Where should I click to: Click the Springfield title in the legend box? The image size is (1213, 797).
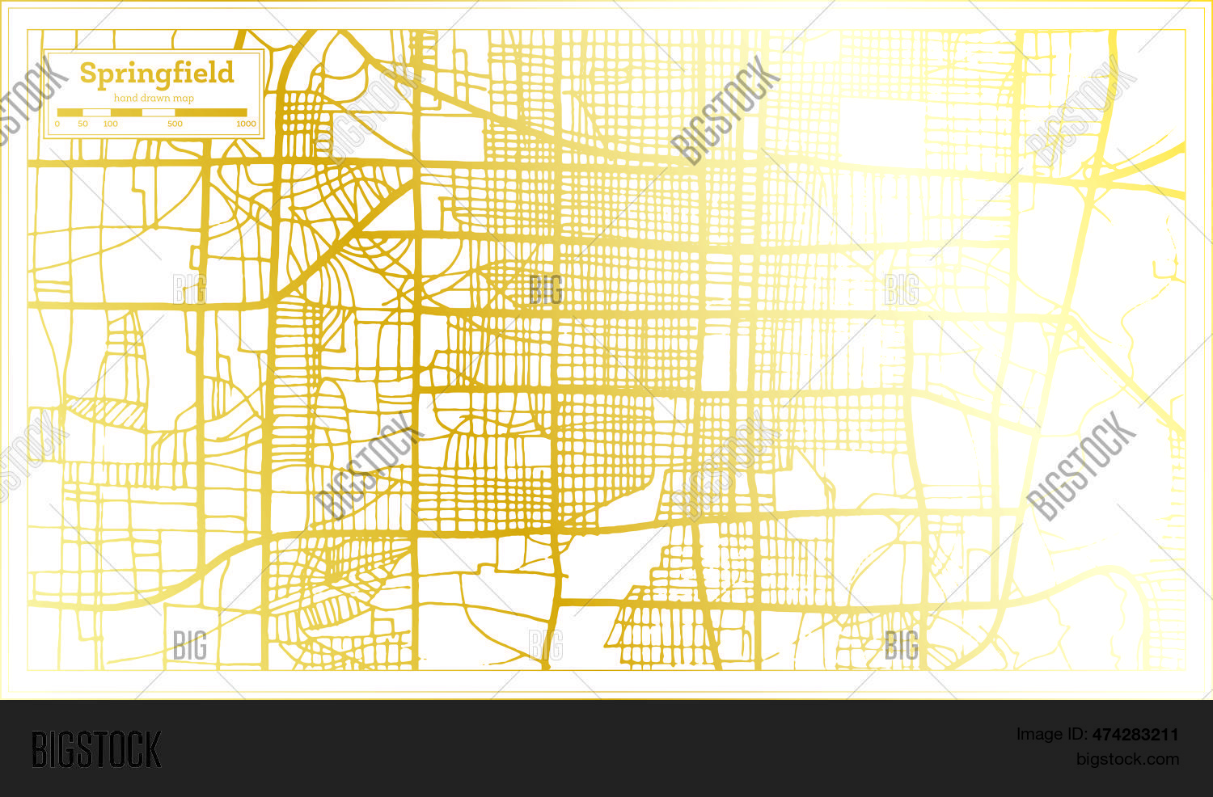(x=156, y=74)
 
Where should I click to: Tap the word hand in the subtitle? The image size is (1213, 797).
(x=125, y=99)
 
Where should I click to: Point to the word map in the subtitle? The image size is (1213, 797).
(x=185, y=99)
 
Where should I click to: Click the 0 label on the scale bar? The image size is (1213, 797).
(x=57, y=124)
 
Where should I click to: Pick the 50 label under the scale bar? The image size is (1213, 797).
(x=82, y=124)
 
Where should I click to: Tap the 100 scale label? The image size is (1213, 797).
(x=111, y=124)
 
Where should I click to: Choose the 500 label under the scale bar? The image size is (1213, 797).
(x=175, y=124)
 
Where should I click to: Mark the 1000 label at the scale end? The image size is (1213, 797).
(x=246, y=124)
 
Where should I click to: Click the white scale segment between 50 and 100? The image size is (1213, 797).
(x=97, y=112)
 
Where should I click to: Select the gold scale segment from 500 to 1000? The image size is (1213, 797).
(x=211, y=112)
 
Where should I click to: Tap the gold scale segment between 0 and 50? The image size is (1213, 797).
(x=70, y=112)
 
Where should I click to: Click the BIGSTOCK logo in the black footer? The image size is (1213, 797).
(x=96, y=749)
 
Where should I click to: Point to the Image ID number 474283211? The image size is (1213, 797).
(x=1135, y=735)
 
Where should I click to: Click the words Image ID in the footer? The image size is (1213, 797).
(x=1051, y=735)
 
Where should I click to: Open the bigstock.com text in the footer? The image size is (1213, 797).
(x=1127, y=759)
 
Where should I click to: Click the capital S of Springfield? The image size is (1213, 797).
(x=88, y=74)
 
